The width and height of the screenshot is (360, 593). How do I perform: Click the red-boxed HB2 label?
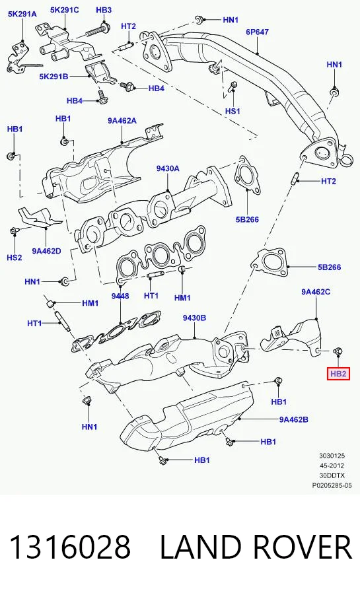[x=338, y=374]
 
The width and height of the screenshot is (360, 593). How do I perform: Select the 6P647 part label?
[x=257, y=32]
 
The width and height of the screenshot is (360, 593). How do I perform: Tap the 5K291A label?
[x=22, y=14]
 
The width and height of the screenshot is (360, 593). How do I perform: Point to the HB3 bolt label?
[x=104, y=10]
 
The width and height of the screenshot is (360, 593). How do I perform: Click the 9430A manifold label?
[x=168, y=168]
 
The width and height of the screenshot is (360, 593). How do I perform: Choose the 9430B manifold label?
[x=194, y=318]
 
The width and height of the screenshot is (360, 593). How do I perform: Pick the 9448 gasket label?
[x=120, y=296]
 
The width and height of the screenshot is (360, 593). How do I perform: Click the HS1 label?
[x=233, y=111]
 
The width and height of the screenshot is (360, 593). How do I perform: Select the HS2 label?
[x=15, y=258]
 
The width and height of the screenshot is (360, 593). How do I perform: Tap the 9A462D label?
[x=46, y=251]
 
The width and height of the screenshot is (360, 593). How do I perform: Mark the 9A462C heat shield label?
[x=316, y=292]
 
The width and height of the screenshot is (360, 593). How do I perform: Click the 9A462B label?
[x=294, y=419]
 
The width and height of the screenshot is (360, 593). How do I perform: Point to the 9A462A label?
[x=122, y=121]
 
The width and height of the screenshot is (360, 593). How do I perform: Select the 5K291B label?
[x=54, y=77]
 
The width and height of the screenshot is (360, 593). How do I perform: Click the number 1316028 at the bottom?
[x=69, y=547]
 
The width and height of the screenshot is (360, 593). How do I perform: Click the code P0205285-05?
[x=332, y=485]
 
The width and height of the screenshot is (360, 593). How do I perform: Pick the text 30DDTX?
[x=331, y=475]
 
